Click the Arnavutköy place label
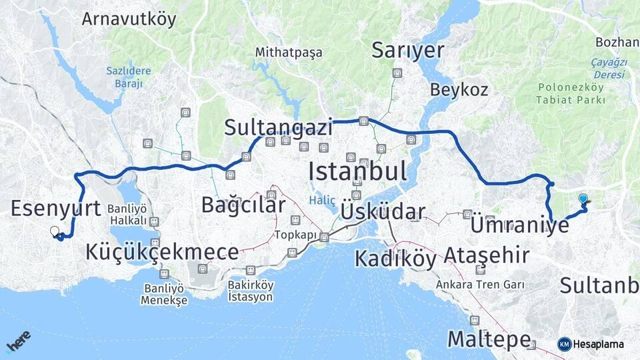pos(129,19)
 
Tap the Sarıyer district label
pos(408,50)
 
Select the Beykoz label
pos(459,89)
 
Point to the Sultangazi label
pos(278,127)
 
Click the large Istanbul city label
pos(357,171)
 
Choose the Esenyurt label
pos(55,208)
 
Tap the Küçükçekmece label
pos(162,252)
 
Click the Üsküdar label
pos(383,212)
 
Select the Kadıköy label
pos(395,258)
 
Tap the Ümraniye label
pos(520,225)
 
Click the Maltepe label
pos(489,339)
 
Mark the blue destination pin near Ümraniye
pos(583,199)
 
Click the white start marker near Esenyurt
pos(55,231)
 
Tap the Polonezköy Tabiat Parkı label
pos(571,94)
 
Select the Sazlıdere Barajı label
pos(129,77)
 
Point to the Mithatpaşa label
pos(289,52)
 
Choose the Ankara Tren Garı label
pos(480,285)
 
